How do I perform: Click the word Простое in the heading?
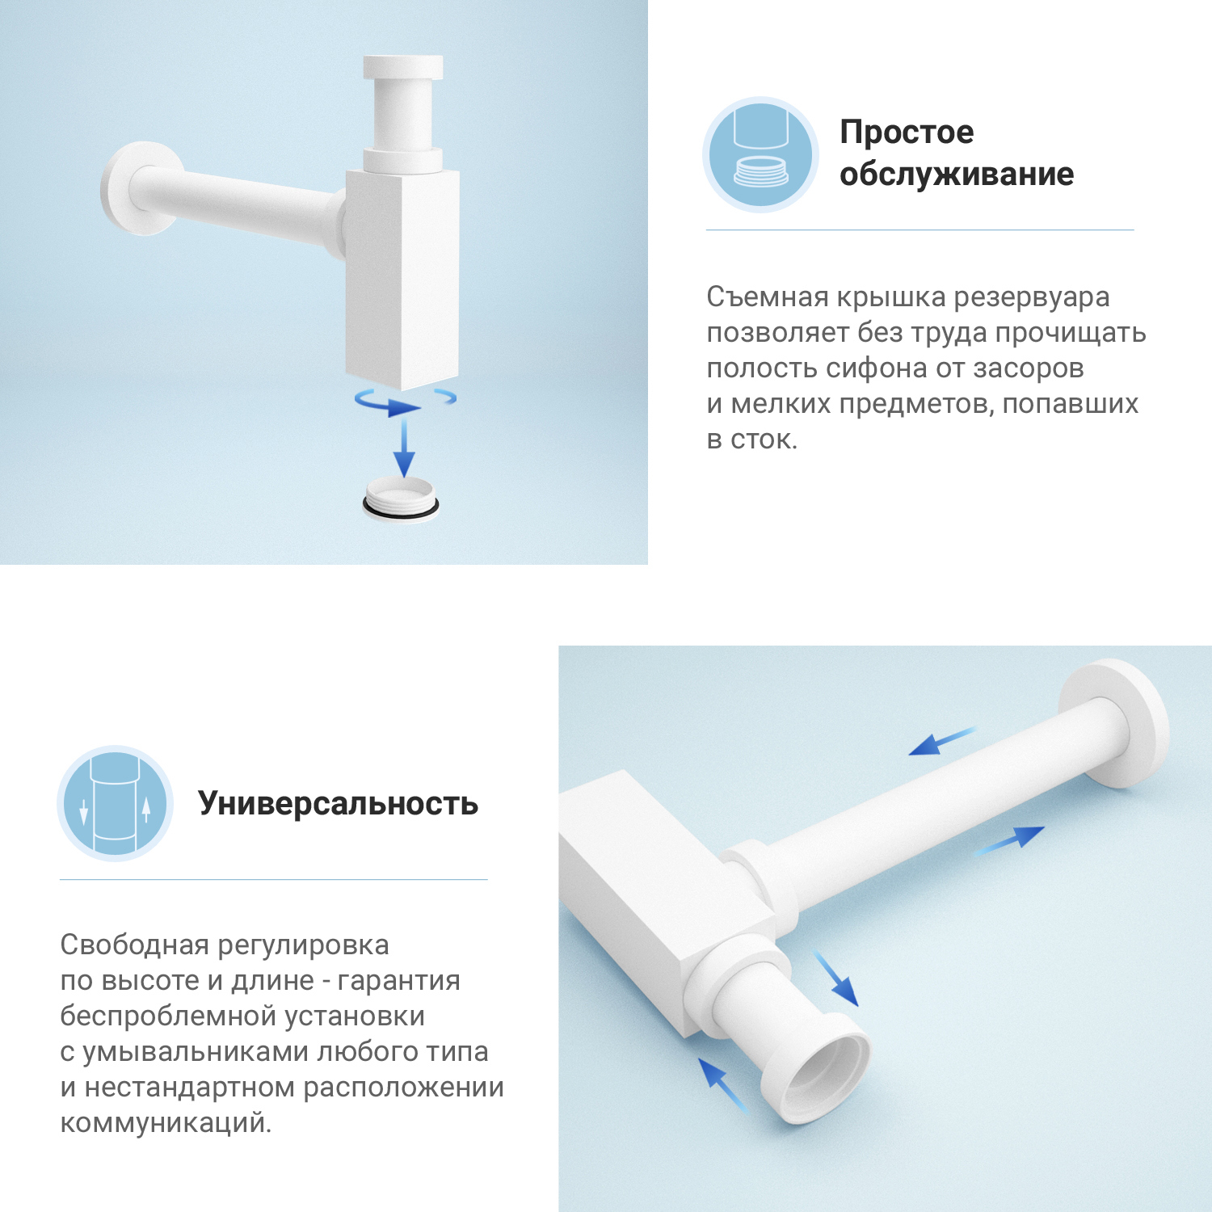click(907, 133)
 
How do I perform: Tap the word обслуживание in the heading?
click(957, 175)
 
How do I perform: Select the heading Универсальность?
click(338, 804)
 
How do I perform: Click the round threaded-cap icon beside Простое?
click(760, 155)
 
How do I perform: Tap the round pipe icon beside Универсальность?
click(116, 803)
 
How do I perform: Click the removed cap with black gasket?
click(401, 499)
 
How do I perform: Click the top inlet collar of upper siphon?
click(402, 68)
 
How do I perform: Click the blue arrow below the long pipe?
click(1009, 840)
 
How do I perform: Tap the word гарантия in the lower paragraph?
click(398, 981)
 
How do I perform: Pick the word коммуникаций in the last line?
click(166, 1123)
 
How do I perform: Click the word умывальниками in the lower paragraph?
click(196, 1052)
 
